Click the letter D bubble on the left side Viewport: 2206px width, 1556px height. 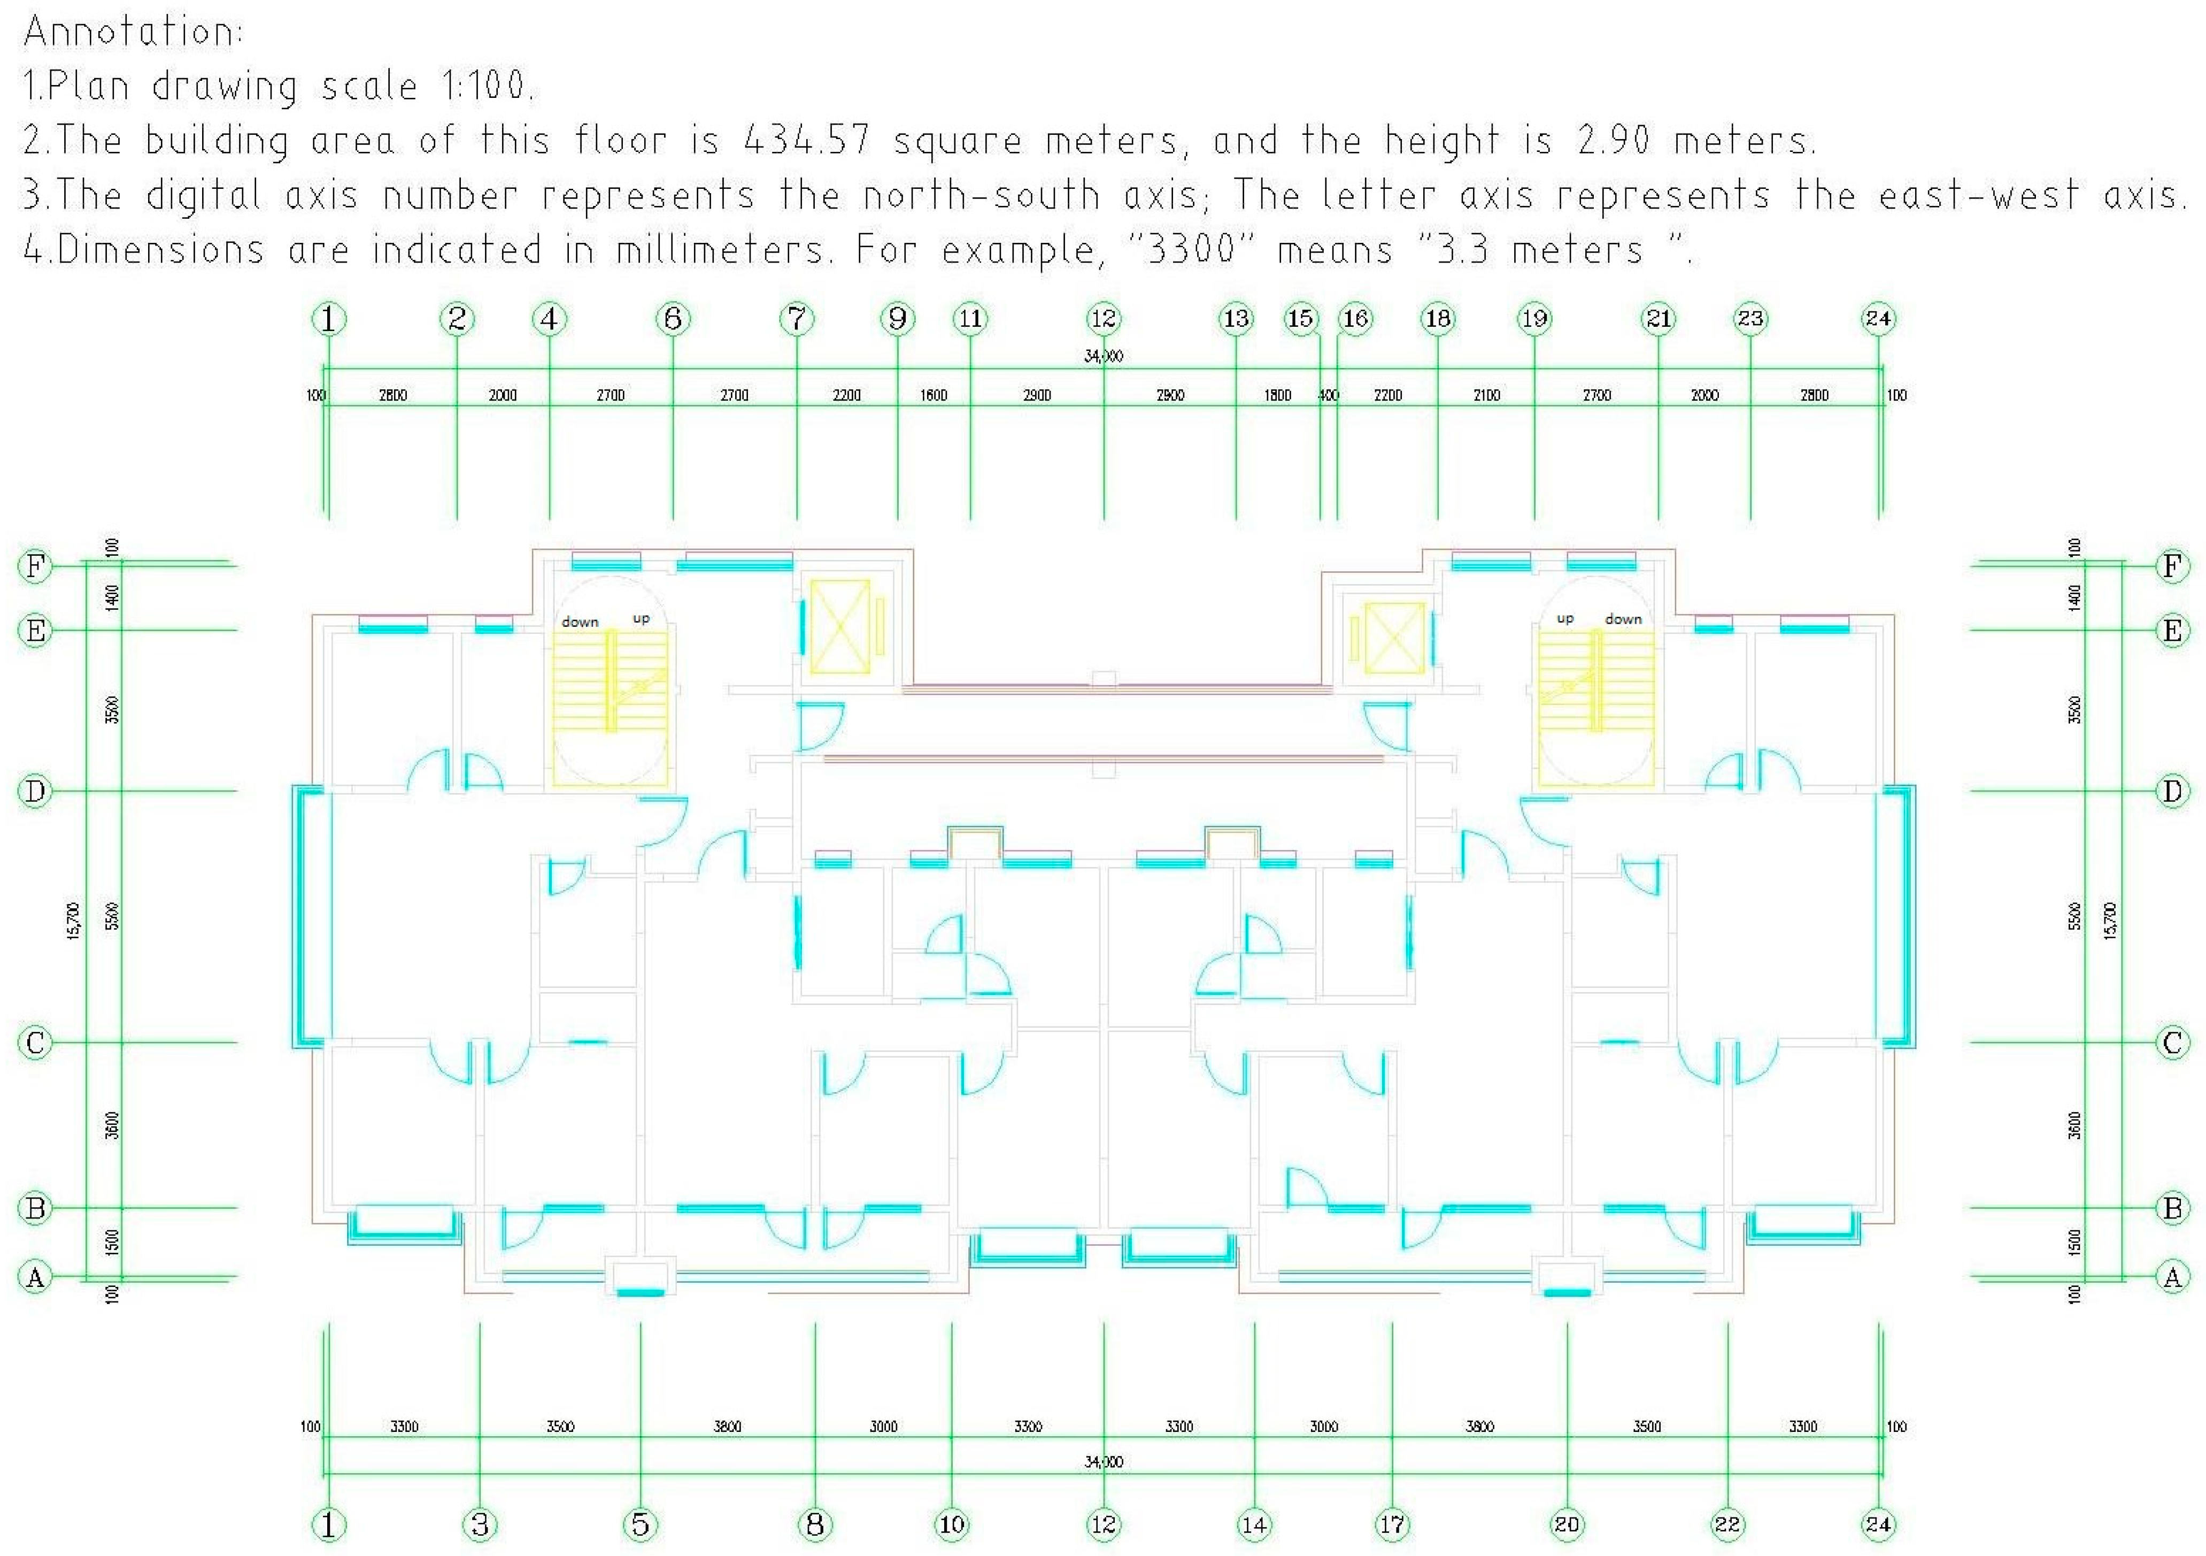(x=35, y=791)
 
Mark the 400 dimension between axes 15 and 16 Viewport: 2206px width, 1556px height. (x=1329, y=395)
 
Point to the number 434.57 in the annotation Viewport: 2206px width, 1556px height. (x=807, y=140)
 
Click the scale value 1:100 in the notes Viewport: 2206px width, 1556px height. (x=485, y=87)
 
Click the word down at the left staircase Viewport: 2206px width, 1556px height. (x=580, y=622)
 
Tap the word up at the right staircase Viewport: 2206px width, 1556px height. (x=1565, y=619)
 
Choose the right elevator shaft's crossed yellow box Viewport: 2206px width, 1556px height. (x=1394, y=637)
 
